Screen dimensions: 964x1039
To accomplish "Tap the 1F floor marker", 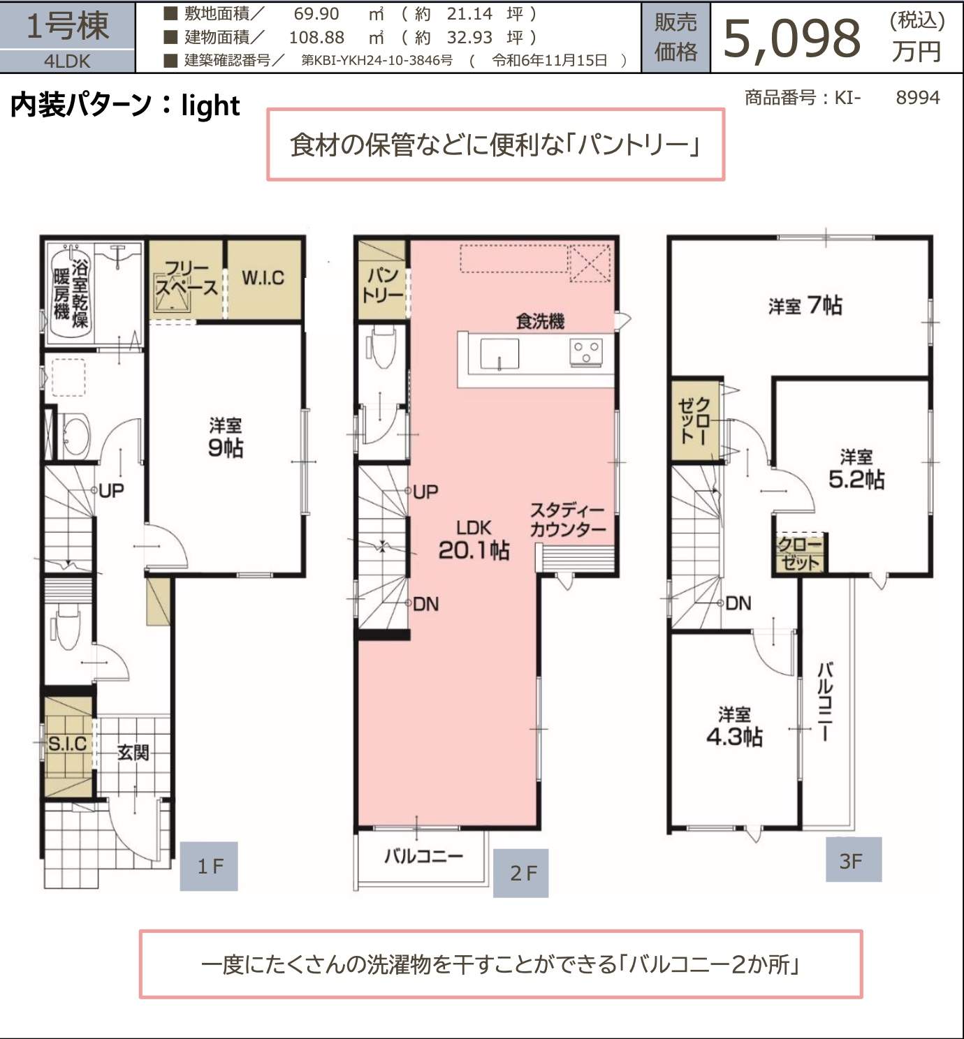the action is click(209, 867).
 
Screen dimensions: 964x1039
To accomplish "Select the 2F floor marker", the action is click(521, 873).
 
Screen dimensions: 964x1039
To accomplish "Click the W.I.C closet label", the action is click(263, 278).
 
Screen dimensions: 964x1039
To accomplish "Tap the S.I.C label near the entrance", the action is click(67, 744).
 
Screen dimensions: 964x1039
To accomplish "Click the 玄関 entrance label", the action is click(133, 753).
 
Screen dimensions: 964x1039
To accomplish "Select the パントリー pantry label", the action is click(383, 286).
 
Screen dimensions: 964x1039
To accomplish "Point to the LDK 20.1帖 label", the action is click(474, 540).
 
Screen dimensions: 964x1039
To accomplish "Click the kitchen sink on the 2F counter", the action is click(499, 353).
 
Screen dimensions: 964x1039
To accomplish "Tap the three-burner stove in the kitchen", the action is click(586, 351).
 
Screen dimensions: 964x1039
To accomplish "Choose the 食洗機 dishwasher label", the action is click(540, 321).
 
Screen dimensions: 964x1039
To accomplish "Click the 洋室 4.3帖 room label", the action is click(734, 726).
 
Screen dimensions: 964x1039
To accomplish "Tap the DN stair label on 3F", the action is click(738, 604).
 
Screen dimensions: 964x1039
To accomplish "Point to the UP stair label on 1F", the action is click(111, 491).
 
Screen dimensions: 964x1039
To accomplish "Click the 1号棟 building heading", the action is click(68, 26).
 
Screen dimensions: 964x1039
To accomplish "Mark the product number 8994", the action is click(918, 98).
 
